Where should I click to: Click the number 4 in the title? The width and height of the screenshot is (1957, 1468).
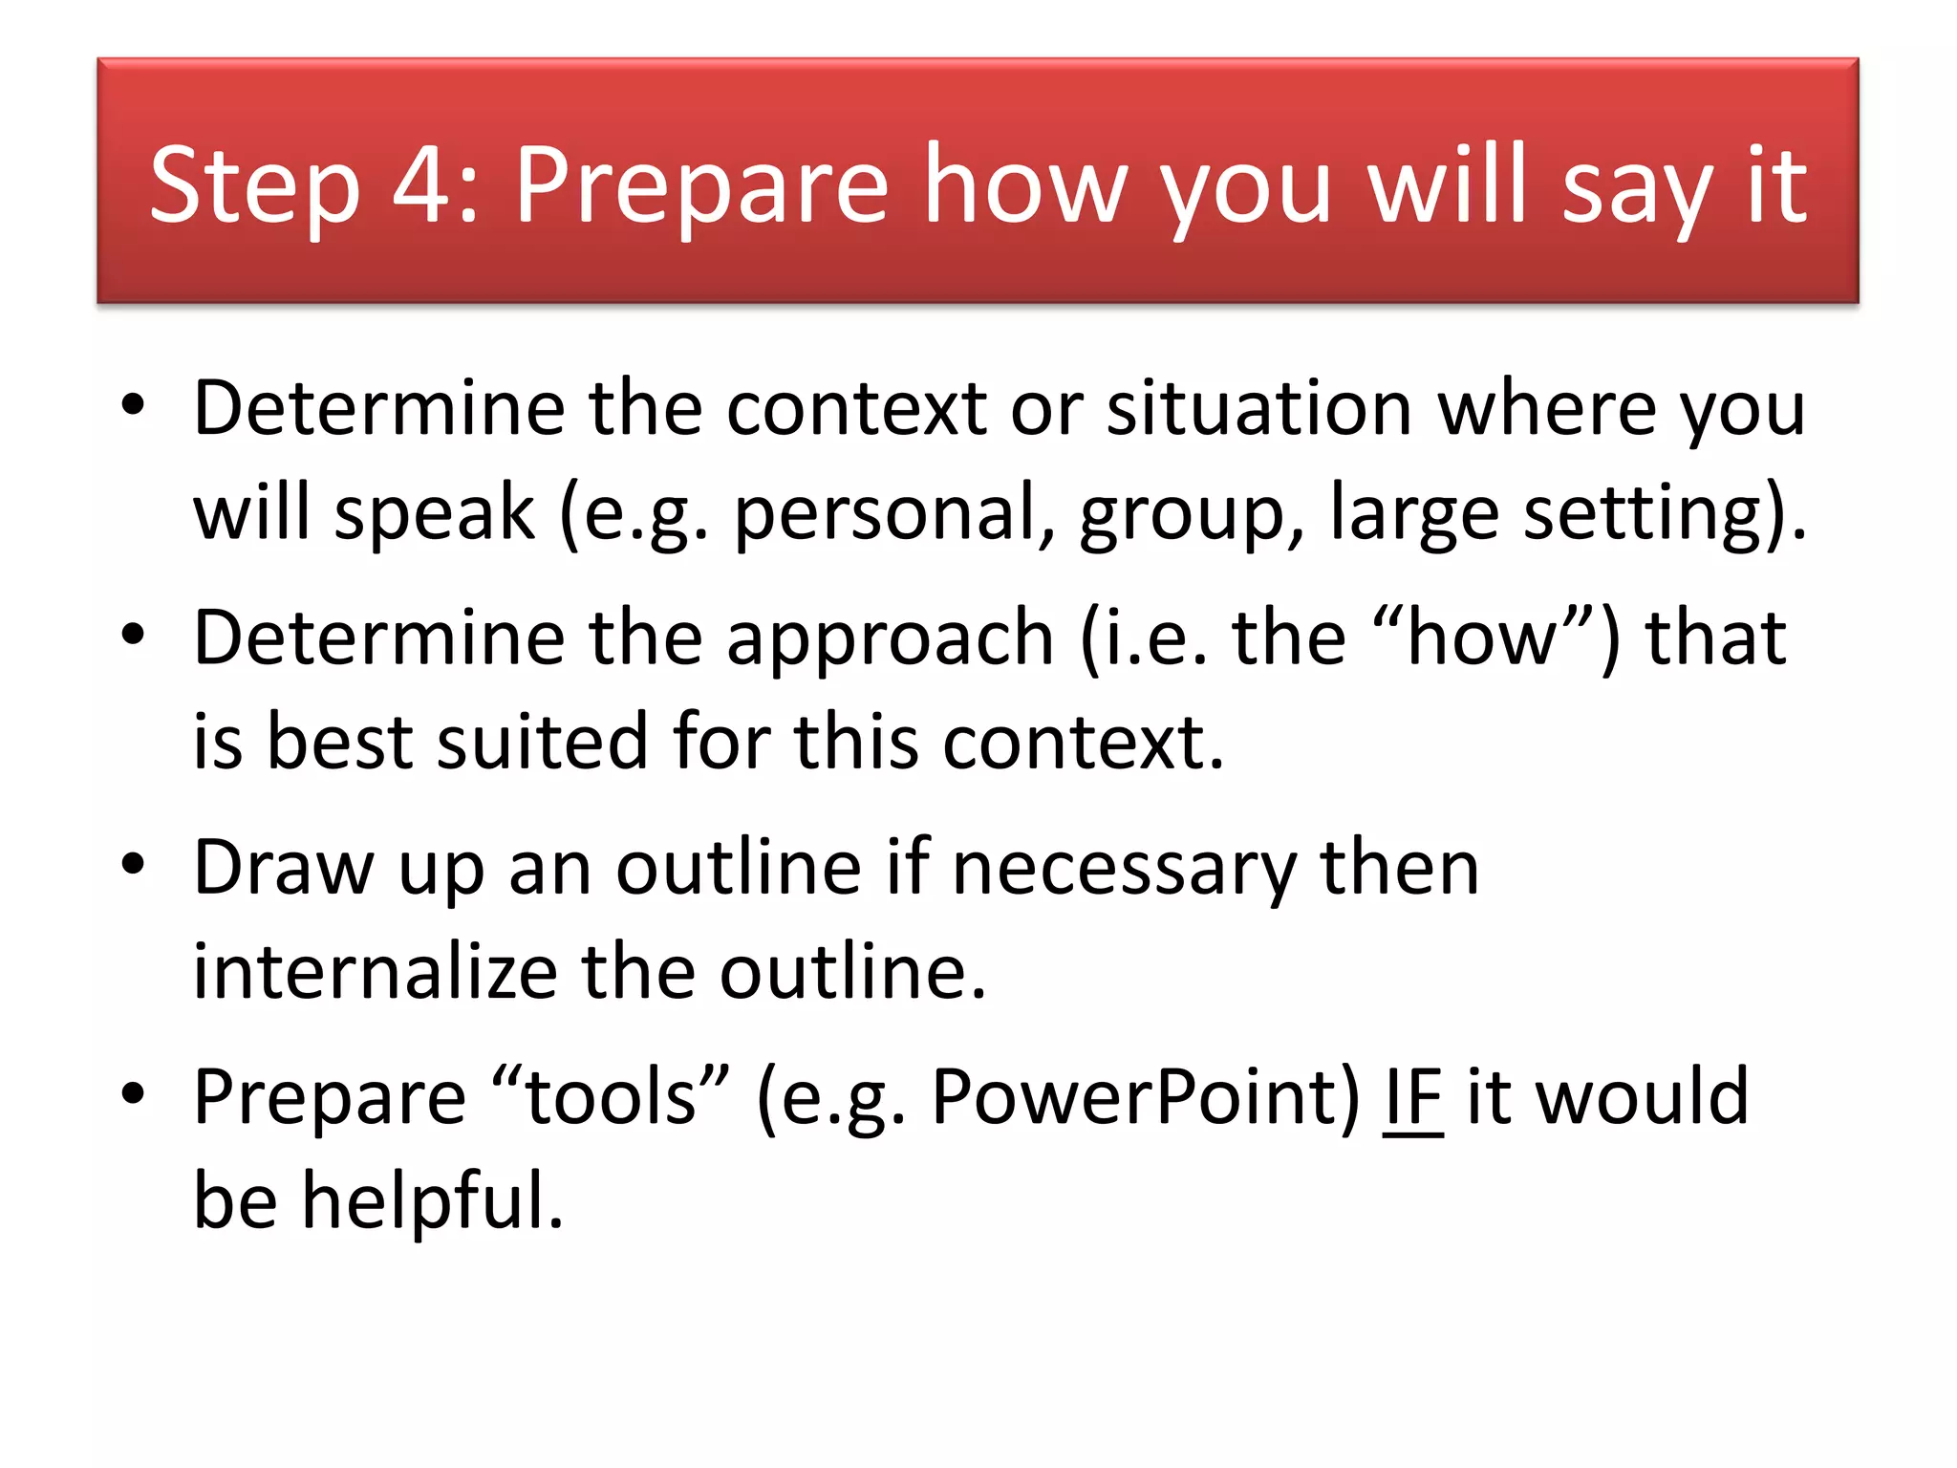click(x=423, y=184)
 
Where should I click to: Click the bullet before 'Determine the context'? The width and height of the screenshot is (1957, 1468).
click(x=133, y=405)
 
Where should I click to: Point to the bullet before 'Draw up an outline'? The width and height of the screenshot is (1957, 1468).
click(x=133, y=864)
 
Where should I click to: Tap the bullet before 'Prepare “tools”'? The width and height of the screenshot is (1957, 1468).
click(x=133, y=1093)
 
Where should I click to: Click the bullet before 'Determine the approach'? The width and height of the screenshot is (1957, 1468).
click(x=133, y=635)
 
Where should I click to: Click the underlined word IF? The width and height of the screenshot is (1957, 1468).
click(x=1412, y=1097)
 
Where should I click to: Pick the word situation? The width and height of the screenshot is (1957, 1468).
click(x=1258, y=408)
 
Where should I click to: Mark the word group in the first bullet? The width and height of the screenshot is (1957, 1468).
click(x=1191, y=514)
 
